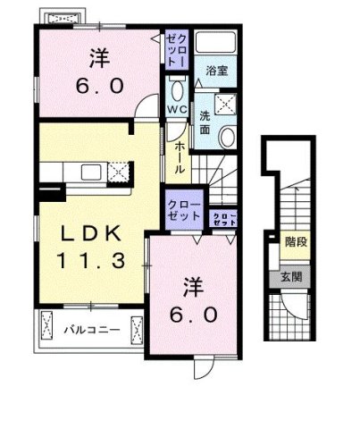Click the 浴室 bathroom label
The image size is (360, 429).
pyautogui.click(x=214, y=69)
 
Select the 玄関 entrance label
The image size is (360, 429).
pyautogui.click(x=291, y=276)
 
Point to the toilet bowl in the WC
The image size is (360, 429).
pyautogui.click(x=175, y=90)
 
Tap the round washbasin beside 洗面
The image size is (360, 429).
pyautogui.click(x=226, y=136)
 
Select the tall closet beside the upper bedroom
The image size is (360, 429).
pyautogui.click(x=174, y=50)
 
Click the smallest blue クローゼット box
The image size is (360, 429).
pyautogui.click(x=223, y=217)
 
